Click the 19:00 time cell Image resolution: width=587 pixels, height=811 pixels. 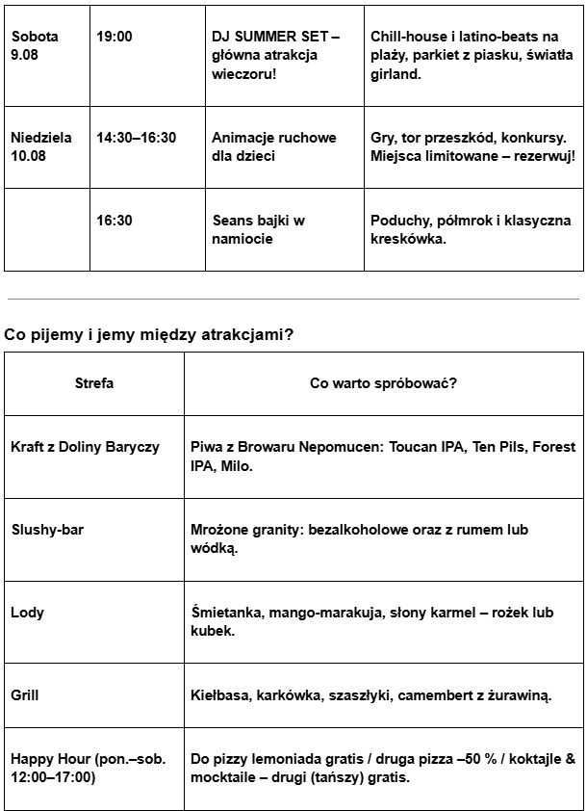(x=115, y=37)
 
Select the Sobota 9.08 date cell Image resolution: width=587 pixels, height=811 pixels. (x=35, y=45)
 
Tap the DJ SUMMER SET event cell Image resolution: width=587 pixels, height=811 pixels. (x=275, y=55)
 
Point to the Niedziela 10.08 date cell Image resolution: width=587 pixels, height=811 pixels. (x=41, y=146)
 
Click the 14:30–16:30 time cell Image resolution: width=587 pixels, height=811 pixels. (x=137, y=138)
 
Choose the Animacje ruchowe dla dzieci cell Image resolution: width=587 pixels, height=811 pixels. (x=274, y=146)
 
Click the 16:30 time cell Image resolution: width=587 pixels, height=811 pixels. (x=115, y=221)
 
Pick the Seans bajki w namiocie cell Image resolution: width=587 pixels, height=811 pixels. (x=259, y=229)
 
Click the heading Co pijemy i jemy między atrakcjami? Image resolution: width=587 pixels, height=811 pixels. (x=149, y=335)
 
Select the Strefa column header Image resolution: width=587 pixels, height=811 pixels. (x=94, y=383)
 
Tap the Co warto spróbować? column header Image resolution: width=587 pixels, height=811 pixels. (x=383, y=383)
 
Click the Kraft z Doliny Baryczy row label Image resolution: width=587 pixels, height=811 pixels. (x=85, y=448)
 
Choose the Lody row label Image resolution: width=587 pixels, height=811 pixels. (x=27, y=613)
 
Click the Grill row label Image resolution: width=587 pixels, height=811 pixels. (x=25, y=694)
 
